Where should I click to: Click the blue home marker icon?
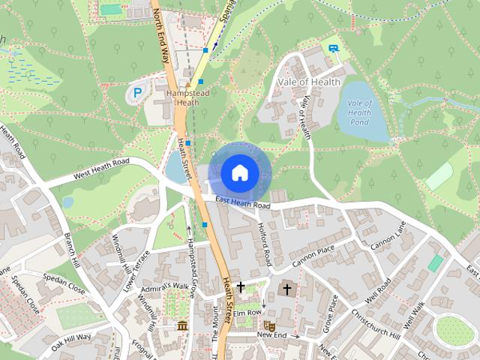pos(240,172)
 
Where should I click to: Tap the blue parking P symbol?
pos(137,93)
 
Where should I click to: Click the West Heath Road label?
pos(101,169)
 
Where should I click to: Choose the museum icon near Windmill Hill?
pos(182,325)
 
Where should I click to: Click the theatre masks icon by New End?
pos(268,325)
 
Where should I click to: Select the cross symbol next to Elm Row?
pos(241,287)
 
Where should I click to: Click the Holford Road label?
pos(262,244)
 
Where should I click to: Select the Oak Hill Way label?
pos(71,341)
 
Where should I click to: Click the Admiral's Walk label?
pos(169,286)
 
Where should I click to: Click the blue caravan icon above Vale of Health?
pos(333,49)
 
